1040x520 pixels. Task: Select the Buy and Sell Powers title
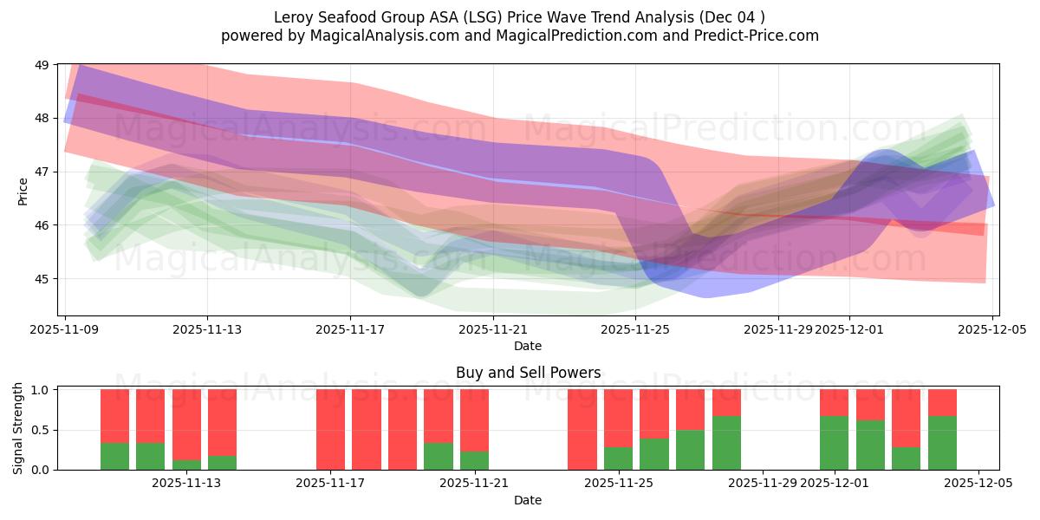pos(528,373)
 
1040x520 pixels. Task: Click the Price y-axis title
pos(23,189)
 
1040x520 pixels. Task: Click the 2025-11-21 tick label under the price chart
pos(493,329)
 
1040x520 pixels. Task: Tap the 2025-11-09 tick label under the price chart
pos(66,329)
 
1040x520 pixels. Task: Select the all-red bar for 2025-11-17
pos(331,430)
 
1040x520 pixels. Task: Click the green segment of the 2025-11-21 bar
pos(474,461)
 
